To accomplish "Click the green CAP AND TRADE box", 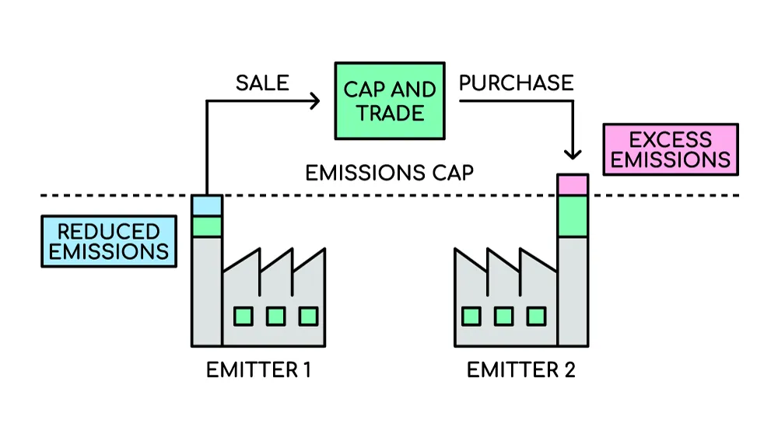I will pos(391,101).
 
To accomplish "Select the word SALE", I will pos(262,82).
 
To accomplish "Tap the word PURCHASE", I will pos(516,82).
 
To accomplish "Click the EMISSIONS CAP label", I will pos(389,172).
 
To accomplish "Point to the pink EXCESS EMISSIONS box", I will pos(670,149).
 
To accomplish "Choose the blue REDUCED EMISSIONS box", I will pos(108,241).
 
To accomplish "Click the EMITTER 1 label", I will pos(258,370).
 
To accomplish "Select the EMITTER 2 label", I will pos(520,370).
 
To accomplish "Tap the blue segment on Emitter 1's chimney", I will pos(207,205).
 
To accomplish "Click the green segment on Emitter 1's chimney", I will pos(207,226).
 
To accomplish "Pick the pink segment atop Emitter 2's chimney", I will pos(573,185).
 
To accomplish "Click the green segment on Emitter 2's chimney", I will pos(573,216).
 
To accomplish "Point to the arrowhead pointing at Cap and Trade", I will pos(315,100).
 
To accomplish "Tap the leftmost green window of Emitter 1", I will pos(243,316).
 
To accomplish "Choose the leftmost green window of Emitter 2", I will pos(471,316).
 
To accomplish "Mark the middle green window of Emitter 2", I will pos(503,316).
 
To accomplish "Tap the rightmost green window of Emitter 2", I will pos(536,316).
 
